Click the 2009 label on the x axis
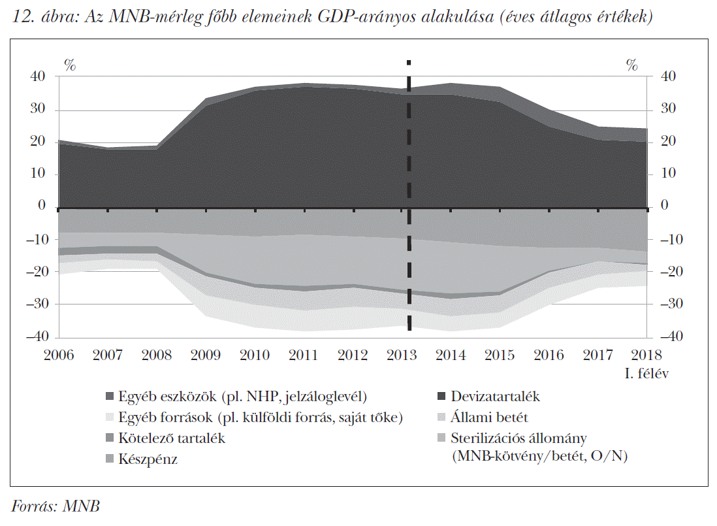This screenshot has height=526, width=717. tap(206, 355)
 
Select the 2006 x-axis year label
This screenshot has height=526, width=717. tap(59, 355)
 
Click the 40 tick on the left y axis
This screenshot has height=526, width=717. tap(38, 76)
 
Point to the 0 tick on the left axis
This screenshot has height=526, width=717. tap(42, 206)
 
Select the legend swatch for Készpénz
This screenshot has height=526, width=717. tap(109, 459)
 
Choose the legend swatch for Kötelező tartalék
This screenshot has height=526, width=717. tap(109, 438)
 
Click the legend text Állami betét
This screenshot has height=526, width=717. tap(489, 418)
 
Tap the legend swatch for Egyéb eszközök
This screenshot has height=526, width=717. tap(109, 397)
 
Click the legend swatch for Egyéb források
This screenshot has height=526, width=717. tap(109, 418)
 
